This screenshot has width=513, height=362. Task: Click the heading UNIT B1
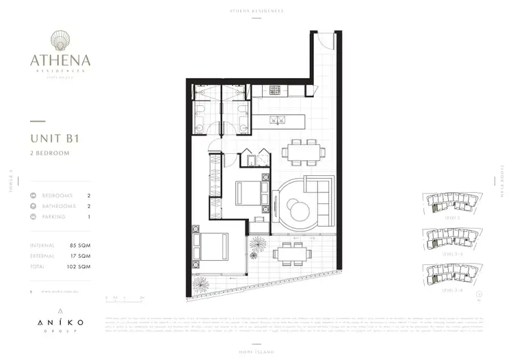[x=55, y=138]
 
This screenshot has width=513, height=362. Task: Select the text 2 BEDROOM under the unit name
[x=50, y=153]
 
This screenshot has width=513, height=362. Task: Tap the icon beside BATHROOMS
[x=34, y=206]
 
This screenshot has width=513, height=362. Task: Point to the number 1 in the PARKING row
[x=89, y=217]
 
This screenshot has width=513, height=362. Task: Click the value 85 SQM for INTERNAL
[x=80, y=245]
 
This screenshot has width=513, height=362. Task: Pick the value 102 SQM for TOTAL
[x=79, y=266]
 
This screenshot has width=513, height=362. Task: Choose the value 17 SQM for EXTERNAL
[x=80, y=256]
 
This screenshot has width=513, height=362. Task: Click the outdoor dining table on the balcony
[x=290, y=254]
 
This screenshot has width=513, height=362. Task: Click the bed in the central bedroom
[x=250, y=193]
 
